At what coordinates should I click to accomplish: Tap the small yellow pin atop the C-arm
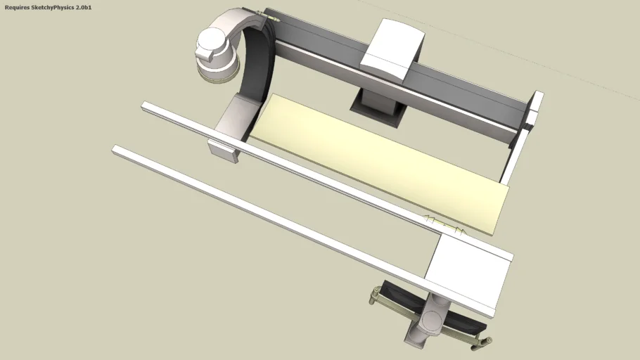pyautogui.click(x=268, y=15)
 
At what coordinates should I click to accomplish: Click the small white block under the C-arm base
pyautogui.click(x=223, y=150)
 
